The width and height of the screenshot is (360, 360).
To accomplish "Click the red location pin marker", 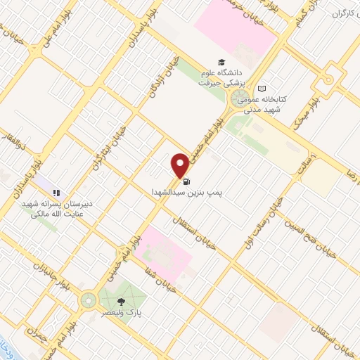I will (x=181, y=165).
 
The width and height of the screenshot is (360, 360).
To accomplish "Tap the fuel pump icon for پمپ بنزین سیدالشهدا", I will (x=185, y=181).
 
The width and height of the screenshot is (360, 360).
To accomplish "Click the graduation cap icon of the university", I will (x=222, y=63).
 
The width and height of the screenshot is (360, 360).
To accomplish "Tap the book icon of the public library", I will (x=262, y=89).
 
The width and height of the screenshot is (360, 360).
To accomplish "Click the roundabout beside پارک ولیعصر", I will (x=89, y=300).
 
